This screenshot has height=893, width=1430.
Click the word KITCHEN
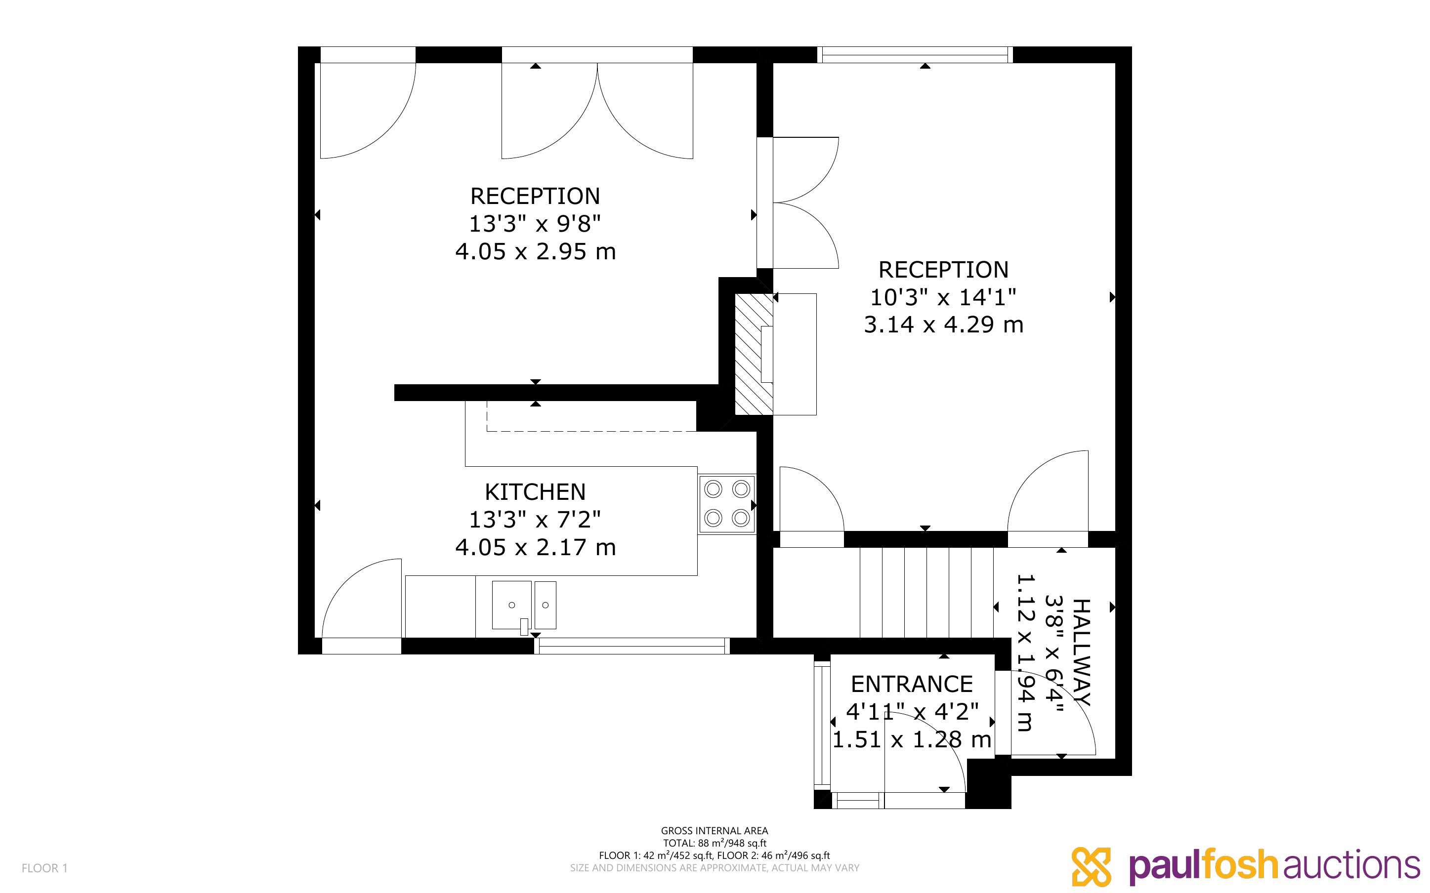coord(535,492)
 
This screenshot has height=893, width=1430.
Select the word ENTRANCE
coord(911,684)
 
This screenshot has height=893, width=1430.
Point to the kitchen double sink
coord(524,606)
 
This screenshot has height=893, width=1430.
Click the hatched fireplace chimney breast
coord(754,354)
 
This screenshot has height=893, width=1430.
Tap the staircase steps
coord(926,592)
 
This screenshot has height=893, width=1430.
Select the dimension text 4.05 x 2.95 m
coord(535,251)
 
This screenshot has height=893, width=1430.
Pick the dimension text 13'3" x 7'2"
coord(535,519)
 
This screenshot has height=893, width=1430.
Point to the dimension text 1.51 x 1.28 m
coord(911,739)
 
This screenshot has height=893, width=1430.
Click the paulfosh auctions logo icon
coord(1092,866)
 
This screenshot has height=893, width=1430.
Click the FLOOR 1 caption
coord(45,868)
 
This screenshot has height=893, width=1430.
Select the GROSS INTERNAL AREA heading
coord(714,831)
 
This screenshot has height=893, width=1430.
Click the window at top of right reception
coord(915,54)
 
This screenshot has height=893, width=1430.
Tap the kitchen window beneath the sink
coord(632,646)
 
